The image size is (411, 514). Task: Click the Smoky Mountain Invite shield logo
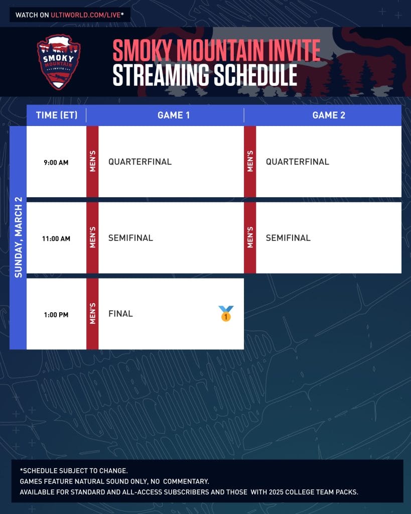click(59, 62)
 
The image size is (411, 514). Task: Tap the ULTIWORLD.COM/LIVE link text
click(85, 15)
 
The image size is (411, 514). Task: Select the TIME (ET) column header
click(57, 115)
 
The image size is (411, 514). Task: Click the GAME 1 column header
click(174, 115)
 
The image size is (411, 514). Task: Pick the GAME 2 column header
click(329, 115)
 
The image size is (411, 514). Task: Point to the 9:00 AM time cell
click(56, 162)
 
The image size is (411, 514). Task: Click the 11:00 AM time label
click(56, 238)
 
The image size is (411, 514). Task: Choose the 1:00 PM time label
click(56, 315)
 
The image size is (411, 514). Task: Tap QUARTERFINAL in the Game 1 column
click(140, 162)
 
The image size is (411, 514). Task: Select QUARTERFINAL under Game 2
click(298, 162)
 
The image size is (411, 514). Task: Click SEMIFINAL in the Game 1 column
click(131, 237)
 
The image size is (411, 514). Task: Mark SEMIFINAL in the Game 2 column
click(288, 237)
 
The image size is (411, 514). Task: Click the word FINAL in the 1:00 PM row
click(120, 314)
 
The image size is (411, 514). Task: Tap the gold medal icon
click(226, 313)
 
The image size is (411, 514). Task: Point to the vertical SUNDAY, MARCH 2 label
click(19, 237)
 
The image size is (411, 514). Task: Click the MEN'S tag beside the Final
click(93, 313)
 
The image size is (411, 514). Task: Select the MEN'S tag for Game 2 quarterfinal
click(250, 161)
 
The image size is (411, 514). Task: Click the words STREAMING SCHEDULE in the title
click(205, 75)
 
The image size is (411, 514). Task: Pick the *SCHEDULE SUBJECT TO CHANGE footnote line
click(74, 471)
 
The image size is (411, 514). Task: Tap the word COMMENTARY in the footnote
click(186, 481)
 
